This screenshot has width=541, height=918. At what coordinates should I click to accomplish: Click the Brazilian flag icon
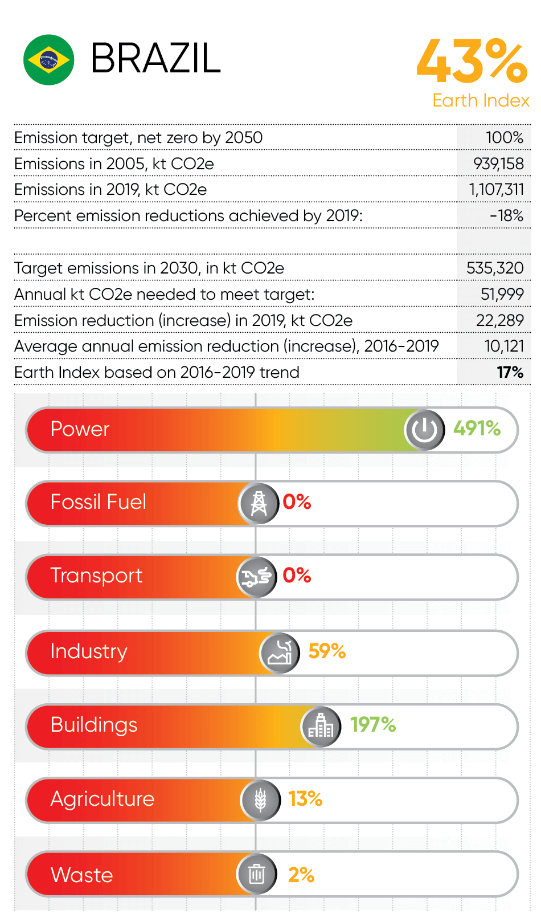[49, 60]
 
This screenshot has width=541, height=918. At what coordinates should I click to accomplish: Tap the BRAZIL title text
[155, 59]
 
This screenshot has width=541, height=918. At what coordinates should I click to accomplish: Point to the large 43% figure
[472, 61]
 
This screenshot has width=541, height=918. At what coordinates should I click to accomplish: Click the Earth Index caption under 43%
[481, 100]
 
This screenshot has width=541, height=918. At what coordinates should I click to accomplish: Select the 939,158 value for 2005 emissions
[498, 164]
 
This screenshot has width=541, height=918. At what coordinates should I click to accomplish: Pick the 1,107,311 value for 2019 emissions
[496, 189]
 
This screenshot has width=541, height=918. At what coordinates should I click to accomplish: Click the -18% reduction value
[506, 215]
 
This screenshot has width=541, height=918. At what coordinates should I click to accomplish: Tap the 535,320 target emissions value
[495, 268]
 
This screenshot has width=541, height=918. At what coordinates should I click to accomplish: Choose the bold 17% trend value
[510, 372]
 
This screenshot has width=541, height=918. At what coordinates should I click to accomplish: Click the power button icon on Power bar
[425, 430]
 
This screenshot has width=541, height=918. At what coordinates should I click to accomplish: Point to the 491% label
[477, 429]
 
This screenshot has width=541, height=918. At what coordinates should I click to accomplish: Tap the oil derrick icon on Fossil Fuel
[259, 503]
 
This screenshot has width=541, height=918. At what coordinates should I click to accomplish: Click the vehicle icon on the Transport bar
[257, 577]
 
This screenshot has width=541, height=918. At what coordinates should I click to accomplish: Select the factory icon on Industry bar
[280, 653]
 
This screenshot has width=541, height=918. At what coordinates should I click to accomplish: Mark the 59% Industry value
[327, 651]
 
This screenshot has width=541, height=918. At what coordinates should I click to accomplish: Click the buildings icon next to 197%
[321, 726]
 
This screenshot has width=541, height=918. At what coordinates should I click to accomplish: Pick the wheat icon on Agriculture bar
[261, 800]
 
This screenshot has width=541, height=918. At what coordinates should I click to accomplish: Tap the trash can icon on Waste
[257, 874]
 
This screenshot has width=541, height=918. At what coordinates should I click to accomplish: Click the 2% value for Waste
[301, 875]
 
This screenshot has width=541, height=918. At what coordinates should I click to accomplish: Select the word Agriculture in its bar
[103, 799]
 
